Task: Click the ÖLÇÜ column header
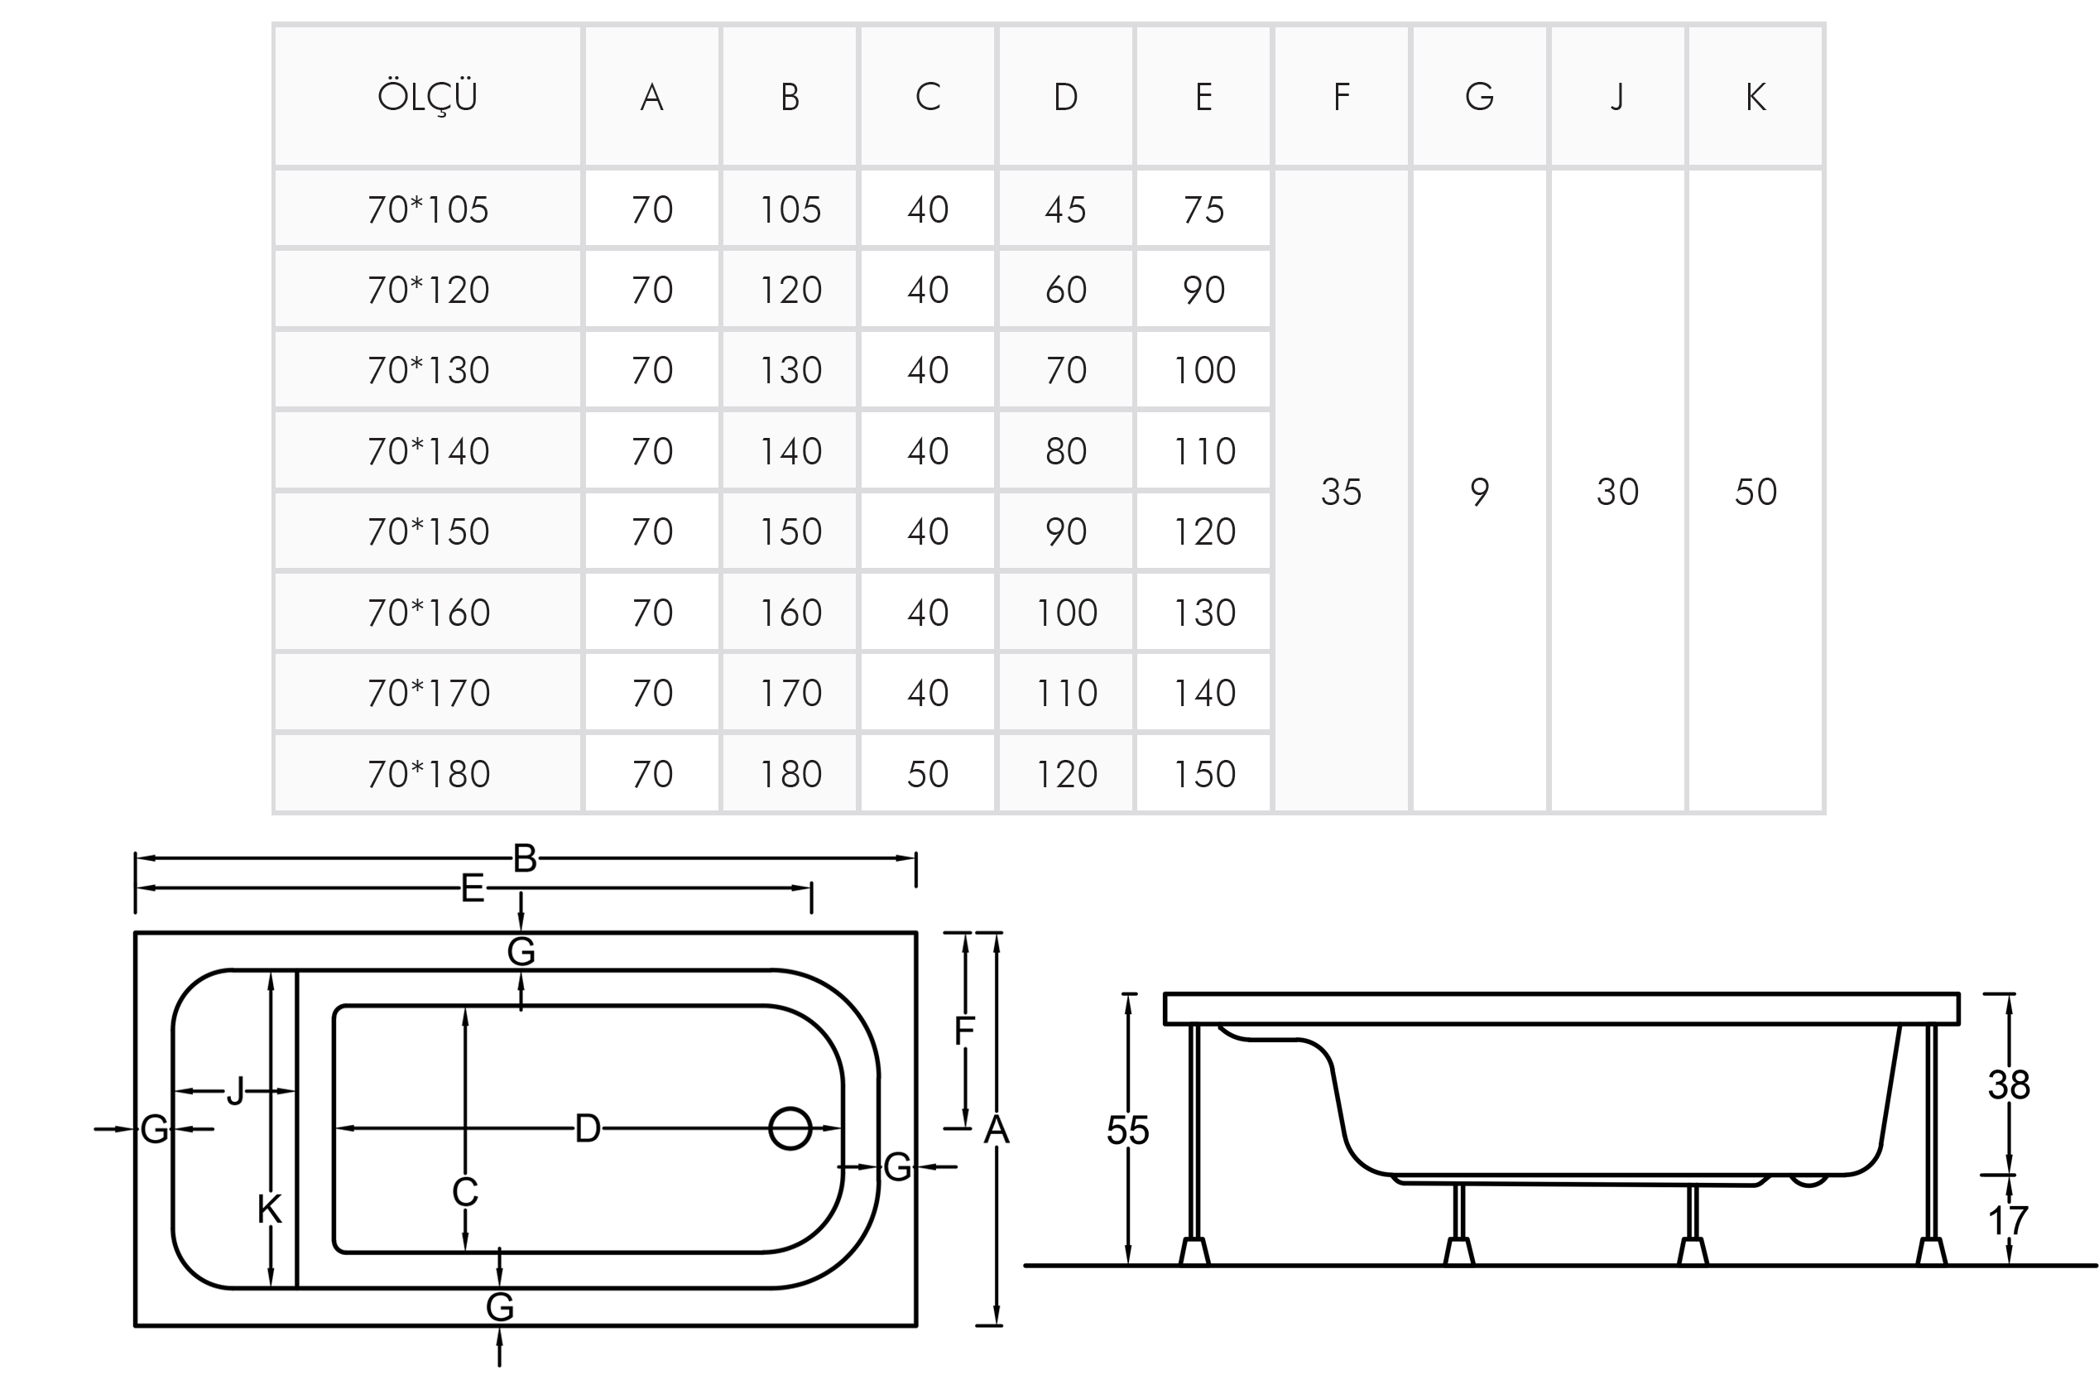coord(427,96)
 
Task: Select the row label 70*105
coord(428,209)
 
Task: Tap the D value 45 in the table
coord(1065,209)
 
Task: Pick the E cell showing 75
coord(1203,209)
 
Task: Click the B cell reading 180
coord(790,773)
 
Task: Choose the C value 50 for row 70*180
coord(928,773)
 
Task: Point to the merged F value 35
coord(1341,492)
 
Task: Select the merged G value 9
coord(1479,492)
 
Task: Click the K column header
coord(1755,96)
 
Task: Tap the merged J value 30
coord(1617,492)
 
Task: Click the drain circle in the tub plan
coord(790,1127)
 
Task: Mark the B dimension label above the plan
coord(525,858)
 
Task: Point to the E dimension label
coord(472,888)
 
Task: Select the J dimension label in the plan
coord(236,1090)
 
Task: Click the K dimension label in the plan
coord(269,1209)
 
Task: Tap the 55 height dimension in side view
coord(1127,1131)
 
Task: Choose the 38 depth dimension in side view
coord(2009,1085)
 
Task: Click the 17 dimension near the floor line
coord(2009,1220)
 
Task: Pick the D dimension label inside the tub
coord(588,1128)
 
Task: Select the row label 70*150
coord(428,531)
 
